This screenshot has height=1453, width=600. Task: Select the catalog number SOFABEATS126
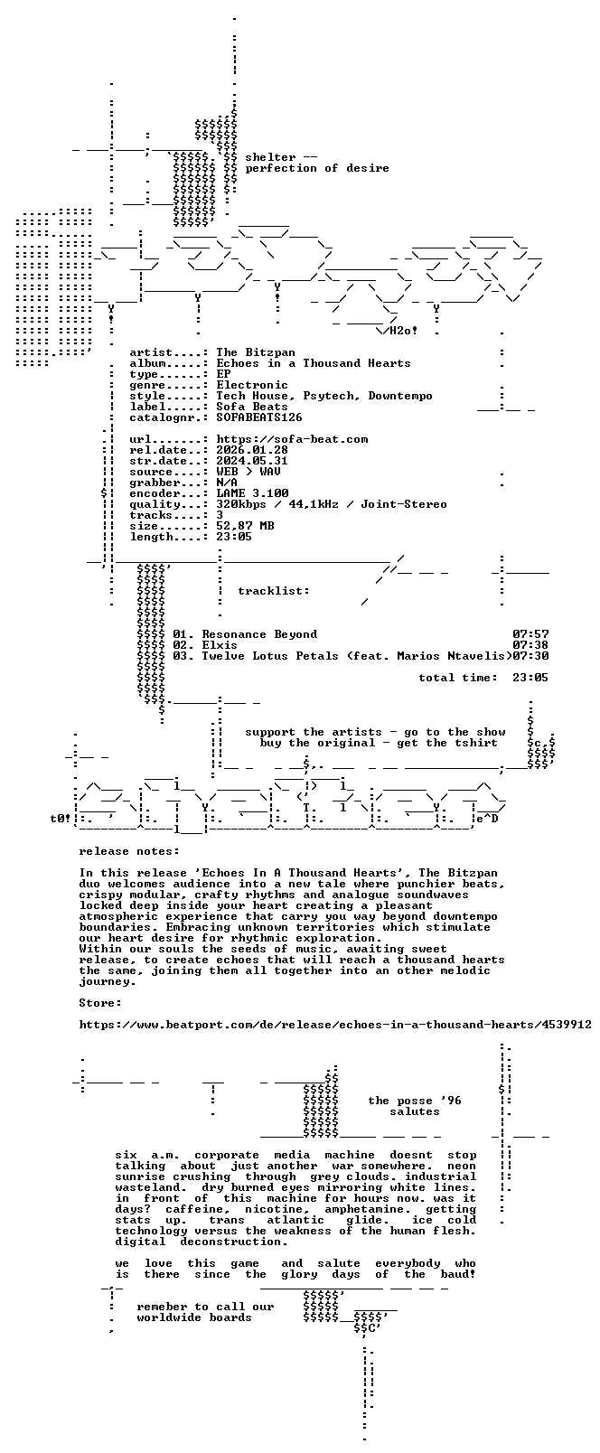click(x=258, y=417)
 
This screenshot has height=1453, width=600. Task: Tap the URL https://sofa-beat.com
click(x=292, y=439)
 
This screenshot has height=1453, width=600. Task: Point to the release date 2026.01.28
click(x=252, y=450)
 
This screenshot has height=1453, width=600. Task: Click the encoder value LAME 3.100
click(x=252, y=493)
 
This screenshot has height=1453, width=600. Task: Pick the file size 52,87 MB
click(x=245, y=526)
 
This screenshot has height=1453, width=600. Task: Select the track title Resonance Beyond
click(x=259, y=634)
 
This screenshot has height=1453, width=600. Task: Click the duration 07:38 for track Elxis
click(x=530, y=645)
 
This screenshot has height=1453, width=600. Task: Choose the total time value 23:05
click(x=530, y=678)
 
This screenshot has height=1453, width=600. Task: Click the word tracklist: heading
click(x=273, y=591)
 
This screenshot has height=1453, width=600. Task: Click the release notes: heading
click(x=129, y=851)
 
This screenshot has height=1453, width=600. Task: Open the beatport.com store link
click(x=335, y=1025)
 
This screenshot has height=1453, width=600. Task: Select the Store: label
click(x=100, y=1003)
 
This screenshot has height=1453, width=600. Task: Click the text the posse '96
click(x=415, y=1101)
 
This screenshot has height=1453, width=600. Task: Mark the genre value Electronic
click(x=252, y=385)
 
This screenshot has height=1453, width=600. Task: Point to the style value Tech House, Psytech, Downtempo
click(x=324, y=397)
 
